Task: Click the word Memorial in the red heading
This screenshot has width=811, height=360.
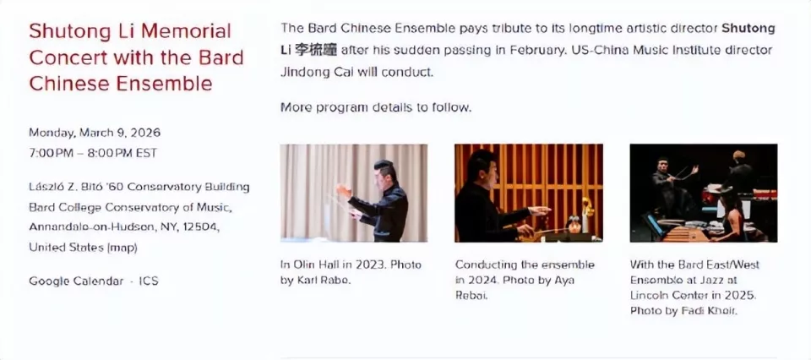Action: (186, 31)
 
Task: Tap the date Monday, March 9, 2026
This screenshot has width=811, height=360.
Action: (95, 133)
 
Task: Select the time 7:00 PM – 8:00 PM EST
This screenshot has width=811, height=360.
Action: (93, 154)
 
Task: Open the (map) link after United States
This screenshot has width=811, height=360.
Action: (122, 248)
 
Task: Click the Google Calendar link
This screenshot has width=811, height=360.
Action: (76, 281)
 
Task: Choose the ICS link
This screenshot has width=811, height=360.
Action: (149, 281)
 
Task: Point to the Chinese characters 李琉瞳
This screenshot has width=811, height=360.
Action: (315, 50)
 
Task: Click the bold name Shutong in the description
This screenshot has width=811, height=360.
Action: (748, 29)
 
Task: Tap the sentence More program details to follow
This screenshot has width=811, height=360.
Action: (376, 107)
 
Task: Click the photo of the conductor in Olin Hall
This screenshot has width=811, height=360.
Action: (354, 193)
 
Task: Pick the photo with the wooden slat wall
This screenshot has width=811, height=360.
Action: (529, 193)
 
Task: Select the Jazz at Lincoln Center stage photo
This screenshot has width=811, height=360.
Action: (704, 193)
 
